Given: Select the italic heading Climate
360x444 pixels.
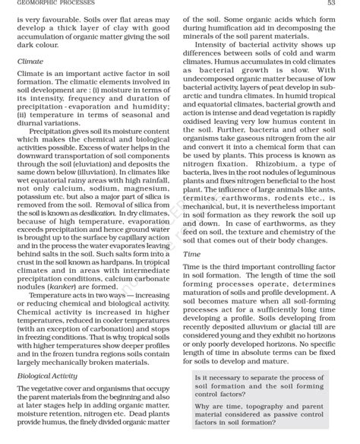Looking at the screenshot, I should pyautogui.click(x=30, y=61).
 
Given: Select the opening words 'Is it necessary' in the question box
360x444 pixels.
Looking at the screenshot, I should pyautogui.click(x=220, y=378).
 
